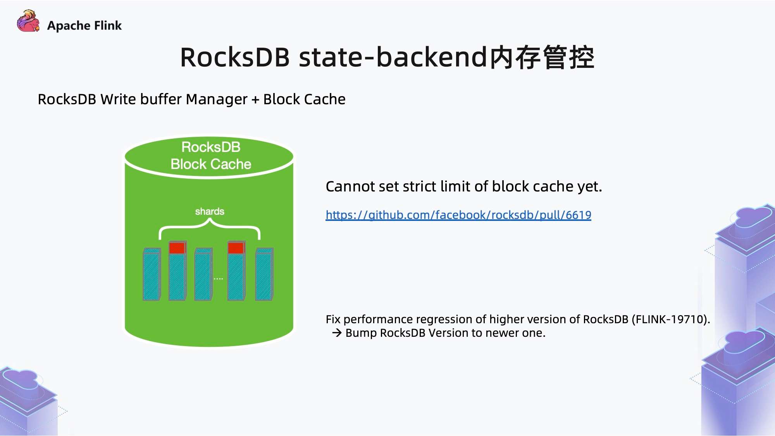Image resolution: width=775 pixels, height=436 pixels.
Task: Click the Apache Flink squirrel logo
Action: pos(28,21)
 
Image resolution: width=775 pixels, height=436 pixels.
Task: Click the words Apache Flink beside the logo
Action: pos(84,26)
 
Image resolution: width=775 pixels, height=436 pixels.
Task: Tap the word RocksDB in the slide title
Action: pos(235,57)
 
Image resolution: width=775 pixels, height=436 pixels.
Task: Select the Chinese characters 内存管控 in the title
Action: pos(541,57)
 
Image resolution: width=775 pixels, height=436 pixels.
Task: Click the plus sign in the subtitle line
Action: pos(255,100)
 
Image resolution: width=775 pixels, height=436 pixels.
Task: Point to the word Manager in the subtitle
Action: pos(217,100)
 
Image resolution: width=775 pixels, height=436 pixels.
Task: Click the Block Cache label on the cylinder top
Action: pos(211,164)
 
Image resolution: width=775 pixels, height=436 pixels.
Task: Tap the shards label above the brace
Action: pos(210,211)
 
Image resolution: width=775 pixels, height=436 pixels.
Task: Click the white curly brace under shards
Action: pos(210,229)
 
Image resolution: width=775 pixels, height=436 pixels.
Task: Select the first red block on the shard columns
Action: pos(177,247)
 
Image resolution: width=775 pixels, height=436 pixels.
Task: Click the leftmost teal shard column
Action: pos(152,274)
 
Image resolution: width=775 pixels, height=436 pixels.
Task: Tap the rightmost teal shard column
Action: pos(265,274)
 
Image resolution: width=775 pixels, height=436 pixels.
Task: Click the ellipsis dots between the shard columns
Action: pos(218,279)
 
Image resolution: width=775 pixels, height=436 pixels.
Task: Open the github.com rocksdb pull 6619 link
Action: pos(458,215)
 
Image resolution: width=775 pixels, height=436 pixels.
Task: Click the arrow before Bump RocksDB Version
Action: pos(337,333)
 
